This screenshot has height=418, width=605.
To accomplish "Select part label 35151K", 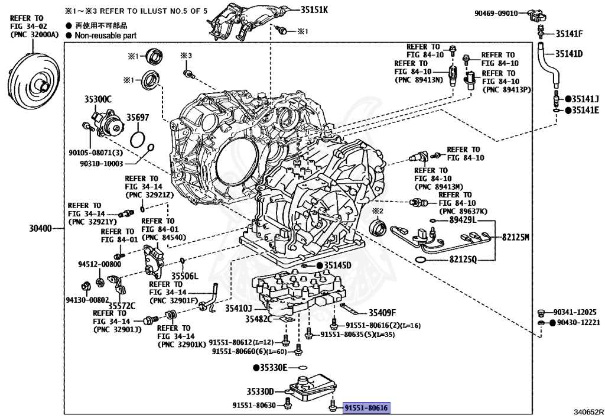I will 314,10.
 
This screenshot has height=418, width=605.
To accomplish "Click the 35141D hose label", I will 568,54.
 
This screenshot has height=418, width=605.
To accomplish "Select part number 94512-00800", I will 100,264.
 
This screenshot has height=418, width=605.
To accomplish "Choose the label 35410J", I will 239,308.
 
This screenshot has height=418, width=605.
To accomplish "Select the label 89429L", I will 463,220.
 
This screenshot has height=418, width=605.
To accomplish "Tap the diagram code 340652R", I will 588,411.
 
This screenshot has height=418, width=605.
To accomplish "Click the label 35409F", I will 382,313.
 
